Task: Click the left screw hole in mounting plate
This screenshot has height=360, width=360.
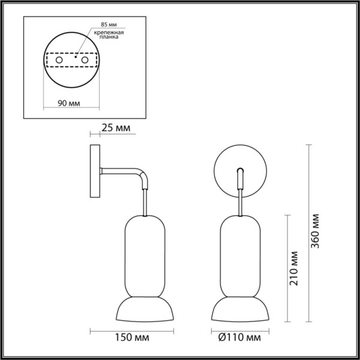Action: click(x=59, y=61)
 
